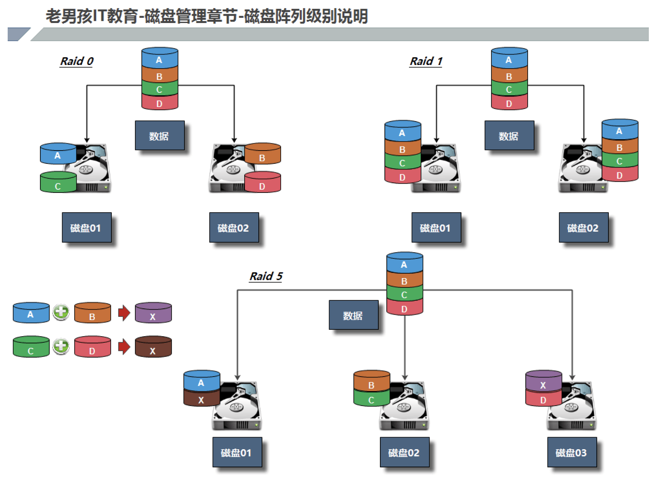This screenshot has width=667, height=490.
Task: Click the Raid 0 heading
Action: coord(76,61)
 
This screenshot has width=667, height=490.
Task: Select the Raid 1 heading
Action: coord(426,61)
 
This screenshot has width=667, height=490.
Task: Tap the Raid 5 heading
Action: coord(266,276)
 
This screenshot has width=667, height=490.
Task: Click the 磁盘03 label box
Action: coord(571,452)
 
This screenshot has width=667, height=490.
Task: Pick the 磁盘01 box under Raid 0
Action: coord(86,228)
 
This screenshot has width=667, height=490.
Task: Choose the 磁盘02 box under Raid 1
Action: coord(583,228)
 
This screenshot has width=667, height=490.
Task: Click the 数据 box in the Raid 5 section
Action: coord(353,315)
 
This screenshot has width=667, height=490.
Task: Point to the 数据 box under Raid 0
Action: coord(159,136)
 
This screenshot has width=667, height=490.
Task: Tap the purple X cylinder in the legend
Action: coord(153,313)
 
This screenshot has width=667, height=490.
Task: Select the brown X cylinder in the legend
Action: coord(153,347)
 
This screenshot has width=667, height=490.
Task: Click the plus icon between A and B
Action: coord(61,312)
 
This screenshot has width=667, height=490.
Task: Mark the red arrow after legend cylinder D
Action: coord(124,346)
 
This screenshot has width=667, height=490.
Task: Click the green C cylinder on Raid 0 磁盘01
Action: coord(58,183)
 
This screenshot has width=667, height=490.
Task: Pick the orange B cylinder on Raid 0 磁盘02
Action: coord(262,154)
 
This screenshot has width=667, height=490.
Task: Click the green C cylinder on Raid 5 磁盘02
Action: coord(371,399)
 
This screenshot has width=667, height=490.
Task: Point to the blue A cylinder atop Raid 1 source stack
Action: coord(509,59)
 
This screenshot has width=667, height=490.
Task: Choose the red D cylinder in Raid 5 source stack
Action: coord(404,308)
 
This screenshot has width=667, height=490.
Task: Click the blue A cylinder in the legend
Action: coord(31,313)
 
